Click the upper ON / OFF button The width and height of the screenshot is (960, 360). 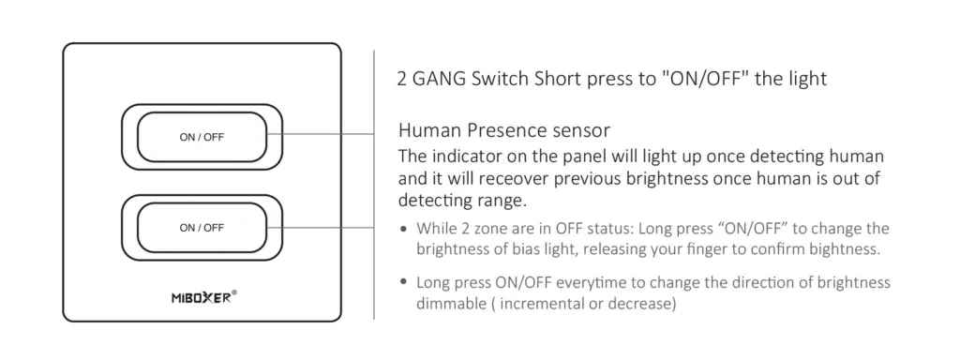(202, 138)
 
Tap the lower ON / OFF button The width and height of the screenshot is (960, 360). (202, 228)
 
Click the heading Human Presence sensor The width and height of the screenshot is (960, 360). (504, 130)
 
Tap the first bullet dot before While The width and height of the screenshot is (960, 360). (403, 229)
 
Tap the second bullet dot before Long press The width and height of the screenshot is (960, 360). (403, 282)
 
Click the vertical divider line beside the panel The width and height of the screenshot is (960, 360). (374, 187)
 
